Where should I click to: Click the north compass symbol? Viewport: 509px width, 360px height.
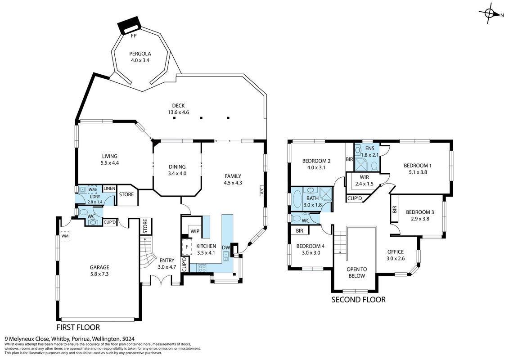tap(489, 13)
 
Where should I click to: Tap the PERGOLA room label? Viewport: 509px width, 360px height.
tap(140, 54)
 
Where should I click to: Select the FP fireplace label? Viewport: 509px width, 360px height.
tap(133, 36)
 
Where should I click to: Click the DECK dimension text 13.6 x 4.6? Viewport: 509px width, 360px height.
tap(178, 112)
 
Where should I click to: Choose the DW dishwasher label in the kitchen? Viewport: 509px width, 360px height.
tap(226, 247)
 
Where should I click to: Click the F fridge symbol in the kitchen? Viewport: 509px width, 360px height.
tap(187, 247)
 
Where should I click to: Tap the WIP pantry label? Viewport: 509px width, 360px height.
tap(195, 231)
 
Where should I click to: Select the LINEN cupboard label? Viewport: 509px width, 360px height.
tap(109, 189)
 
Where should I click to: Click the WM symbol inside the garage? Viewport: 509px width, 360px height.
tap(65, 236)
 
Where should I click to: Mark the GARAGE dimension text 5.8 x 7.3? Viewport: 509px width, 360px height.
tap(99, 274)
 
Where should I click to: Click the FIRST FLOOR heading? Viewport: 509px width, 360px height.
tap(78, 327)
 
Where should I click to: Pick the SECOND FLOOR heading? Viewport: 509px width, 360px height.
tap(358, 300)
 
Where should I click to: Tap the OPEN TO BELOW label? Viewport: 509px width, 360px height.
tap(357, 273)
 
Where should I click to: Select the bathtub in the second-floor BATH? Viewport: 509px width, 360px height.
tap(297, 199)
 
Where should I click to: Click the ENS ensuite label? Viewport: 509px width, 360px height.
tap(369, 148)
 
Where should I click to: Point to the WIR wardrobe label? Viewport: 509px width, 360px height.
tap(364, 178)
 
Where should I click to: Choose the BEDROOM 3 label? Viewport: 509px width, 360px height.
tap(420, 212)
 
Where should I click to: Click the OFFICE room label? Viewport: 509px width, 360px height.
tap(396, 252)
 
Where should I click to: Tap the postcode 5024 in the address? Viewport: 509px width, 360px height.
tap(129, 338)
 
